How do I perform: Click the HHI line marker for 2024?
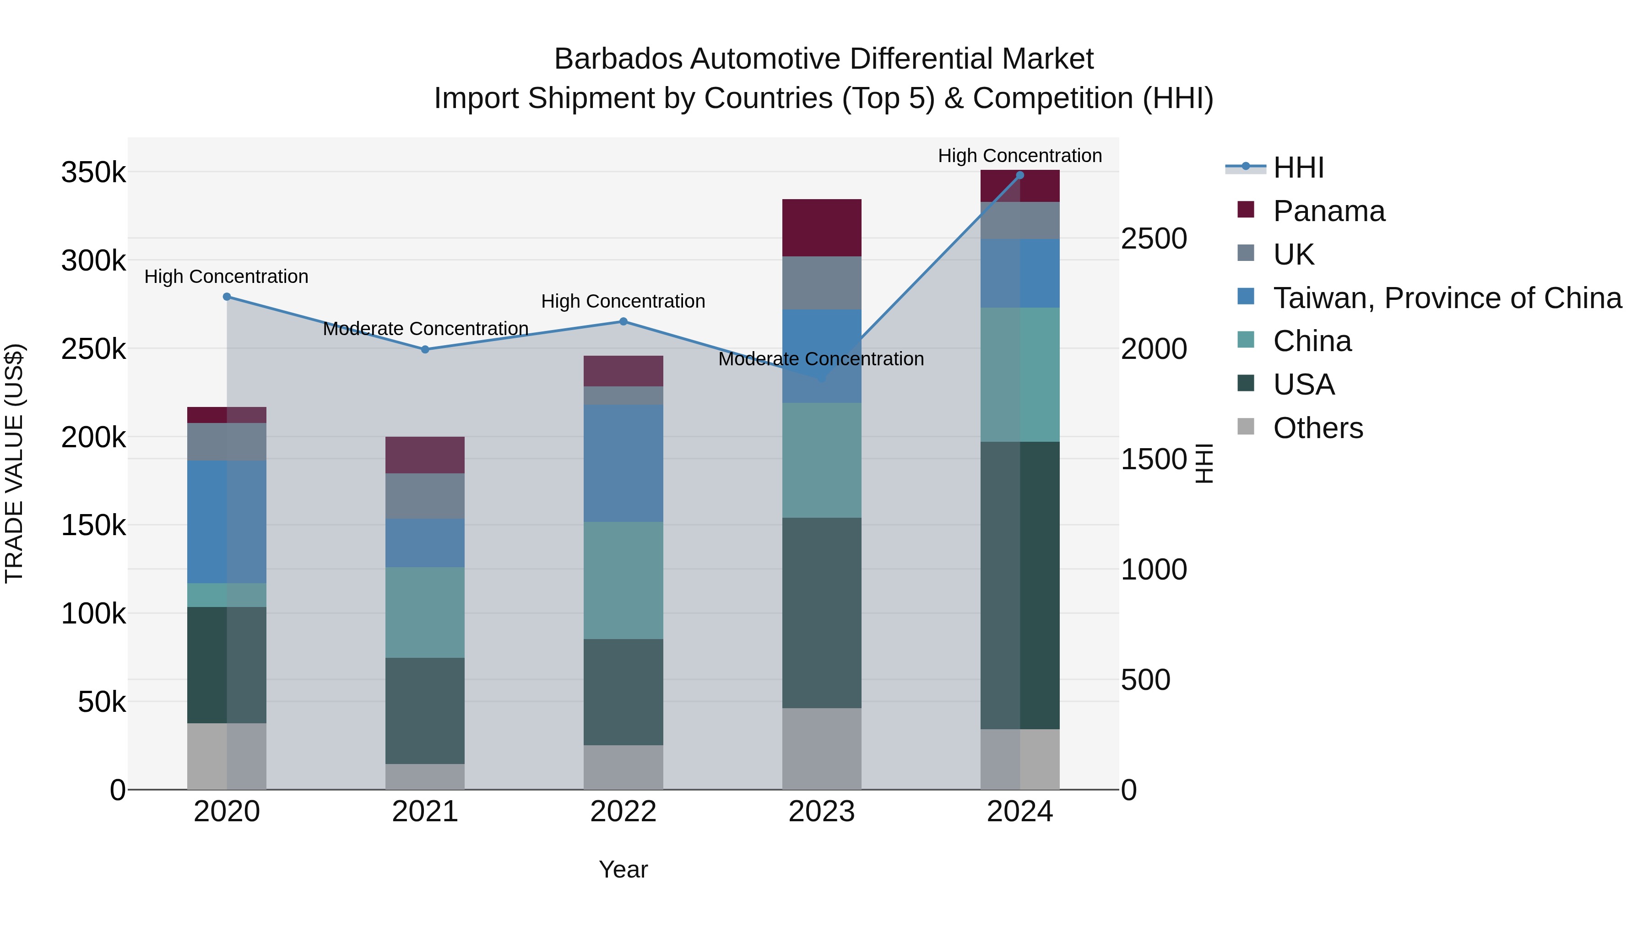[1020, 175]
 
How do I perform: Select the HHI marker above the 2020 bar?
[227, 297]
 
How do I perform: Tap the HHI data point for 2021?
[425, 349]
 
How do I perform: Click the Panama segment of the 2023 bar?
[821, 228]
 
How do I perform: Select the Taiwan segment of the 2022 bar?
[623, 463]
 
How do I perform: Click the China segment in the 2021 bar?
[425, 612]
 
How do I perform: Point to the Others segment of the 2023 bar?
[821, 748]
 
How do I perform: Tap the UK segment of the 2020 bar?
[227, 441]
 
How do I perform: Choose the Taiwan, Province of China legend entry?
[1447, 298]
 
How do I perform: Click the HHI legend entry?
[1298, 168]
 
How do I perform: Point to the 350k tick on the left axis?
[93, 173]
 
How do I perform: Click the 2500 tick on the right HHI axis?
[1154, 239]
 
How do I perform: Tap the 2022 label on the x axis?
[623, 812]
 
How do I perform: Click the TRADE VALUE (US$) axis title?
[14, 463]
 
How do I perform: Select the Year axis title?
[623, 869]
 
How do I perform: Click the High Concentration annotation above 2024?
[1020, 156]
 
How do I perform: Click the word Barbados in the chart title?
[618, 59]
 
